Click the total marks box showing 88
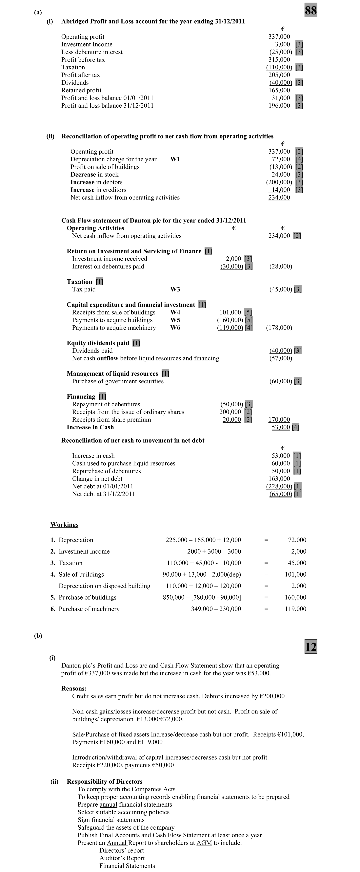coord(311,11)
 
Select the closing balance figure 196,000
coord(279,106)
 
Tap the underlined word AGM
coord(204,843)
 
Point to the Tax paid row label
coord(84,289)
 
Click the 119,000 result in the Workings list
coord(295,609)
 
